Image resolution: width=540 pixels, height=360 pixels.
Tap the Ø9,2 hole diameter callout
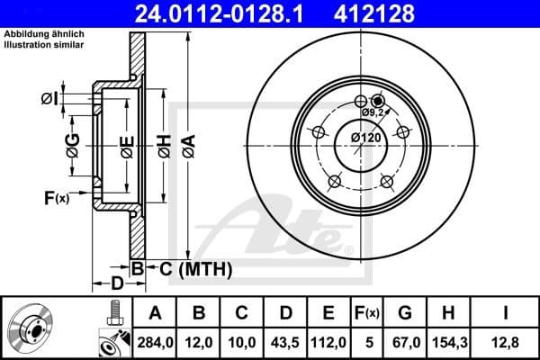click(x=374, y=113)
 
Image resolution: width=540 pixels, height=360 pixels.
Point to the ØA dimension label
click(x=188, y=143)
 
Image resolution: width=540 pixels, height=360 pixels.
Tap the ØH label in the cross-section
click(x=163, y=143)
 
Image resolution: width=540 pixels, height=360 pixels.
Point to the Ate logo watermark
click(x=288, y=229)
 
